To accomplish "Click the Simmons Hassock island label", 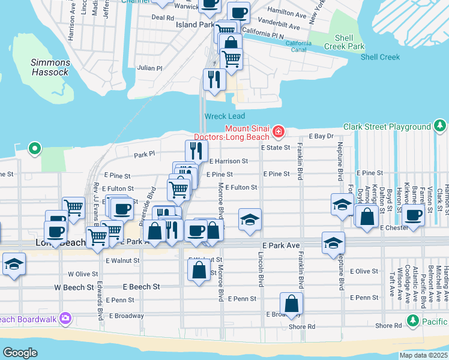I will pyautogui.click(x=50, y=67).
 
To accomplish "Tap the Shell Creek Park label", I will pyautogui.click(x=345, y=41).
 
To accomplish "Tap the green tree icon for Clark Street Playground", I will pyautogui.click(x=440, y=126).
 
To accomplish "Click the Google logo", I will pyautogui.click(x=20, y=352).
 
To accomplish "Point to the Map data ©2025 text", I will pyautogui.click(x=423, y=355).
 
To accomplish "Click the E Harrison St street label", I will pyautogui.click(x=229, y=161).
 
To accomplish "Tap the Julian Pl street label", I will pyautogui.click(x=149, y=68).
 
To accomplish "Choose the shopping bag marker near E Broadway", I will pyautogui.click(x=291, y=304).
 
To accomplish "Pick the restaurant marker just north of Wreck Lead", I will pyautogui.click(x=214, y=79).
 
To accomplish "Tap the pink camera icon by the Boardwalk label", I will pyautogui.click(x=65, y=319).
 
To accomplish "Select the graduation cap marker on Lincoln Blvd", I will pyautogui.click(x=250, y=219).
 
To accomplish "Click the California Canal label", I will pyautogui.click(x=298, y=47).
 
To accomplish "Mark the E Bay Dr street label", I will pyautogui.click(x=321, y=136).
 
